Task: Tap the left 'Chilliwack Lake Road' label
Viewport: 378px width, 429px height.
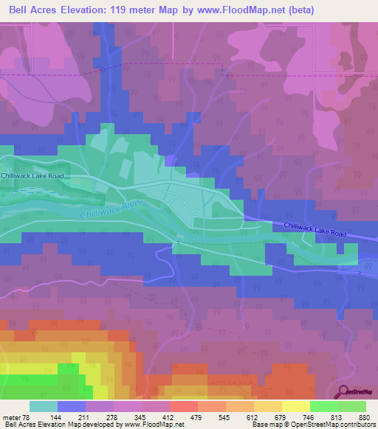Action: (x=32, y=176)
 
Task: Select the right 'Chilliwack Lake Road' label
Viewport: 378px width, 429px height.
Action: (x=315, y=229)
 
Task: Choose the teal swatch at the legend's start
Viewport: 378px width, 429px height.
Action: (x=43, y=406)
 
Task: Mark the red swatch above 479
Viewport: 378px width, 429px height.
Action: (x=183, y=406)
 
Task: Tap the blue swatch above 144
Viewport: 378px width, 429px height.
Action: (x=71, y=406)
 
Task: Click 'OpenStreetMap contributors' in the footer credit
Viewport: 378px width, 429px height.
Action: (x=337, y=425)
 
